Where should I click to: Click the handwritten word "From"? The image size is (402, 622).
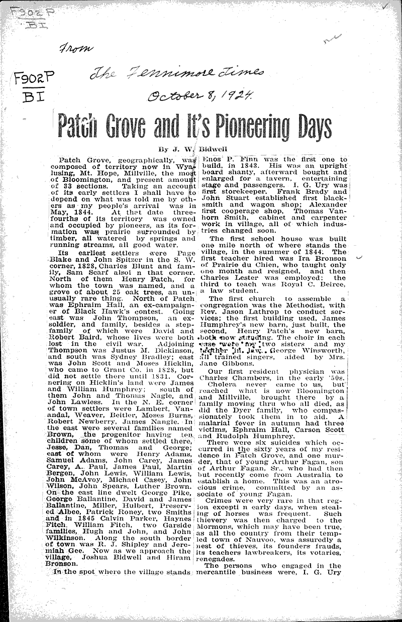point(76,48)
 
